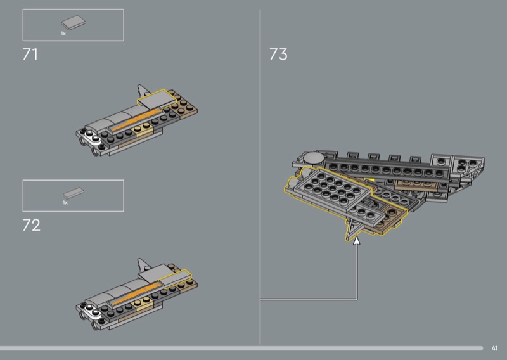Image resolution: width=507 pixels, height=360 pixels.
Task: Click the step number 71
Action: tap(30, 55)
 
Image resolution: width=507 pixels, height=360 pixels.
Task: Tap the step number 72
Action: tap(31, 225)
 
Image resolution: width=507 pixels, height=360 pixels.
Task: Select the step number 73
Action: tap(278, 55)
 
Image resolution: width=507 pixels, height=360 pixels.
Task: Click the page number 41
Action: tap(494, 348)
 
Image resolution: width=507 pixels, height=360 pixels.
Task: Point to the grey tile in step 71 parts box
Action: tap(74, 23)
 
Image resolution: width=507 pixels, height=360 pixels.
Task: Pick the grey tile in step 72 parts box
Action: tap(74, 193)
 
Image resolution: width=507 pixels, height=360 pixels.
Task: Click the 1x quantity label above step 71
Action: tap(63, 34)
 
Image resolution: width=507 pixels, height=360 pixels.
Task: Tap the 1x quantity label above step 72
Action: tap(65, 202)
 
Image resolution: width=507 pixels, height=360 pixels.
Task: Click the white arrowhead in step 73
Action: tap(356, 240)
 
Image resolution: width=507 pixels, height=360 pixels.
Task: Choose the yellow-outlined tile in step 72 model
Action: tap(175, 279)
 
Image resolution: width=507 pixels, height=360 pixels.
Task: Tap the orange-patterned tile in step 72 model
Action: tap(135, 293)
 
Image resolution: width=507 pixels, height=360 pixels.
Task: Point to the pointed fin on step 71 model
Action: tap(142, 91)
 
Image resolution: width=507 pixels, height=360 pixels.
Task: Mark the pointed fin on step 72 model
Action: tap(142, 264)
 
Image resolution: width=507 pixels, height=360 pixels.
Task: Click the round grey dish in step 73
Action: tap(313, 158)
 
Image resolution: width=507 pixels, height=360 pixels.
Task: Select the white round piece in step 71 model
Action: tap(92, 137)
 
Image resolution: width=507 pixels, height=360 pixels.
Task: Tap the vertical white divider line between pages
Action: tap(260, 177)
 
